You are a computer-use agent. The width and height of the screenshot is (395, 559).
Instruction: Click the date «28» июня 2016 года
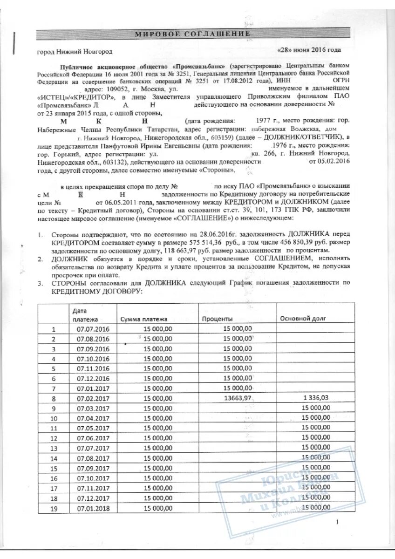coord(309,50)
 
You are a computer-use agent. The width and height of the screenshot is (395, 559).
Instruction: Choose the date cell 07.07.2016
coord(93,328)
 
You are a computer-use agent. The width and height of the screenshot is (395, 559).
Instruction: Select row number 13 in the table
coord(54,448)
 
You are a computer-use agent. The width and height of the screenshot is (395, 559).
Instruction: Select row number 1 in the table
coord(54,328)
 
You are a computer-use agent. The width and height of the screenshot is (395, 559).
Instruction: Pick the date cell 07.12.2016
coord(93,378)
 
